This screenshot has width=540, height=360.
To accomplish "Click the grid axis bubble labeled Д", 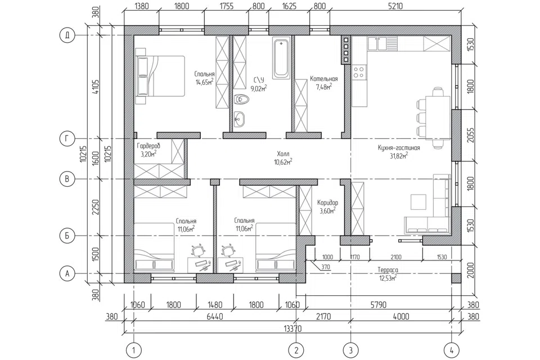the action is [67, 35].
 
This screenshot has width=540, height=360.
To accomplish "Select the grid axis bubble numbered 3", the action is [351, 350].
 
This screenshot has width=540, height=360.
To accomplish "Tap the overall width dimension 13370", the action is [292, 328].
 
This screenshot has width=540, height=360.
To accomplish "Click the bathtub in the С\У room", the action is [281, 58].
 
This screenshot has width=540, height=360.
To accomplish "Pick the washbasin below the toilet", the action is [240, 120].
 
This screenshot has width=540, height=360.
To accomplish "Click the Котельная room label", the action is [324, 79].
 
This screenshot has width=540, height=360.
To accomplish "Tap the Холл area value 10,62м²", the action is [283, 161].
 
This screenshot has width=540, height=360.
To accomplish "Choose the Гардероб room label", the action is [148, 146].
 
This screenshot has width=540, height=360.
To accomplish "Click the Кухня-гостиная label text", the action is [399, 148].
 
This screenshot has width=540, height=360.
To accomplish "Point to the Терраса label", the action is [388, 270].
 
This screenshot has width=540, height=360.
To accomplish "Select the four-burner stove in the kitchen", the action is [359, 72].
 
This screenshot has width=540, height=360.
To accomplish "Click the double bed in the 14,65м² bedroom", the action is [160, 76].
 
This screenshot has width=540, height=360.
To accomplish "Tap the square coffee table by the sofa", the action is [418, 201].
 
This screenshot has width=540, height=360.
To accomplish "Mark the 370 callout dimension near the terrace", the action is [325, 267].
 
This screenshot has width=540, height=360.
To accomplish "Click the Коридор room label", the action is [327, 203].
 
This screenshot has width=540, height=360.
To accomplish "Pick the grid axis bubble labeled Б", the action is [67, 236].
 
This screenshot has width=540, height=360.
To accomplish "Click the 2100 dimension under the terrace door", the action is [397, 257].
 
